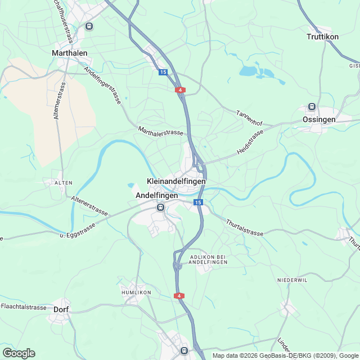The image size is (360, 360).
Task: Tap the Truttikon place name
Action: (x=323, y=37)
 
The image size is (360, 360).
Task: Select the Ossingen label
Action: (x=319, y=119)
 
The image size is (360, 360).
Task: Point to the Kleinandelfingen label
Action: (x=175, y=182)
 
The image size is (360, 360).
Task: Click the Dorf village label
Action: (x=61, y=309)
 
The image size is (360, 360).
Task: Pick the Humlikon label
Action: (x=137, y=293)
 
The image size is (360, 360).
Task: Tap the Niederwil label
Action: (x=292, y=280)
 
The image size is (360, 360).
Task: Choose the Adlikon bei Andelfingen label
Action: (x=208, y=259)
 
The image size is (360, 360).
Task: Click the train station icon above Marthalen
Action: (x=89, y=26)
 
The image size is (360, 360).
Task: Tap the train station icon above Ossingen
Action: (x=311, y=107)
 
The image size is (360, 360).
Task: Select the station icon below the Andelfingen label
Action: (x=161, y=207)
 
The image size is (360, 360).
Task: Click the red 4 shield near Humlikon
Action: (x=179, y=296)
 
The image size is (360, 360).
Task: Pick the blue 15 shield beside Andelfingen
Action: (x=197, y=202)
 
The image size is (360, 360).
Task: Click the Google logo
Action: (x=19, y=353)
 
